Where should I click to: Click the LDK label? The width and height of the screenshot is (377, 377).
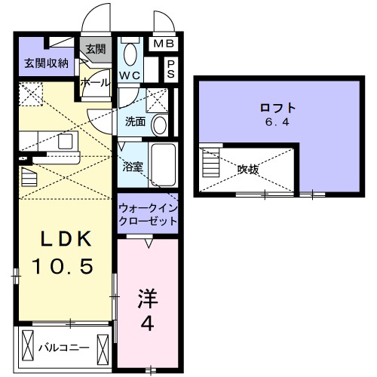click(66, 241)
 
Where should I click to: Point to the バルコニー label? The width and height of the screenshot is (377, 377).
click(66, 348)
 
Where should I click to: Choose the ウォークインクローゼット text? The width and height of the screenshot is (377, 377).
click(148, 213)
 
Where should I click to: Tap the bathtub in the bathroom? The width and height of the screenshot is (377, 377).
click(163, 162)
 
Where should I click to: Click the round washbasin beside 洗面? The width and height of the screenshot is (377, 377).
click(159, 124)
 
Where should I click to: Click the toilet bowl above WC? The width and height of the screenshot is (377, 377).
click(130, 54)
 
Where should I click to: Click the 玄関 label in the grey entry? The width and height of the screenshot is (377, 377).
click(95, 49)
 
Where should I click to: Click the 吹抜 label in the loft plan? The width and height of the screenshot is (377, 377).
click(247, 170)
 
